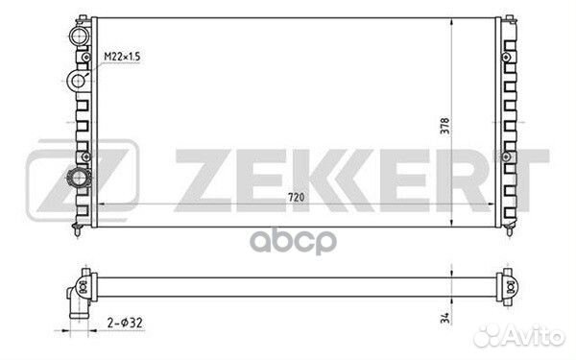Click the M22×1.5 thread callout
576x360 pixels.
coord(122,57)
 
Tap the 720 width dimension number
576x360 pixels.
coord(296,198)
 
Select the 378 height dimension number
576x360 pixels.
coord(444,126)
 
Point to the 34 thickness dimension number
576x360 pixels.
coord(444,318)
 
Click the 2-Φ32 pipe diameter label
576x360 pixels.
coord(125,323)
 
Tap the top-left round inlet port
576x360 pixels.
coord(80,36)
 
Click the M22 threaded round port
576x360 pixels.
coord(78,80)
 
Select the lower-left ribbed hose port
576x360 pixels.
coord(79,179)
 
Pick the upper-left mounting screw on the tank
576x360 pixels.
coord(86,58)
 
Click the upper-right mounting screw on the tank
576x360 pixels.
coord(506,58)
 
